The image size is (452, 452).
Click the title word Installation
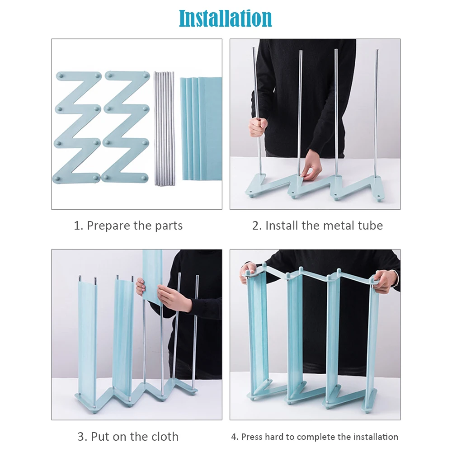click(225, 19)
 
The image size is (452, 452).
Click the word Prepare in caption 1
click(109, 226)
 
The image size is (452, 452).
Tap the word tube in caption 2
click(370, 226)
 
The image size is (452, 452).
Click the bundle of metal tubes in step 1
click(165, 128)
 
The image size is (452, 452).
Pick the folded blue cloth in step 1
click(201, 128)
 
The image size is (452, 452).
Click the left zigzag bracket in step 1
click(77, 127)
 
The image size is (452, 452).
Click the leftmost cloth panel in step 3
click(87, 340)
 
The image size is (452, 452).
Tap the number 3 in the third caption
click(81, 437)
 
